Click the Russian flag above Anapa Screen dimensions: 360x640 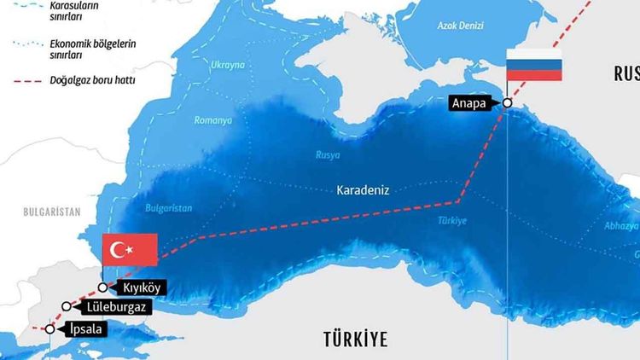(x=534, y=65)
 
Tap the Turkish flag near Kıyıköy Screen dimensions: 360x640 (x=130, y=250)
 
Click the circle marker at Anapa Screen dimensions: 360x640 (x=507, y=102)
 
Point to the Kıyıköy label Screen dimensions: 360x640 (x=141, y=288)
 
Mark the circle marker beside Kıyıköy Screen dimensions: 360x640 (x=102, y=287)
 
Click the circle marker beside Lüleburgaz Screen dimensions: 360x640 (x=67, y=306)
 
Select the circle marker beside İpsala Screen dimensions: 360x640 (x=49, y=328)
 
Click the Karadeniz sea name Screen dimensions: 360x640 (x=363, y=191)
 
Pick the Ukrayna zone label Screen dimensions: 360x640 (x=228, y=65)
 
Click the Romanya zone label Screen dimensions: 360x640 (x=212, y=121)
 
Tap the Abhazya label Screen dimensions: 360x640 (x=621, y=226)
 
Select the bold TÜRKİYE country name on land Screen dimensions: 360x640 (x=355, y=339)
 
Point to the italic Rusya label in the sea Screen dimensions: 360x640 (x=328, y=155)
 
